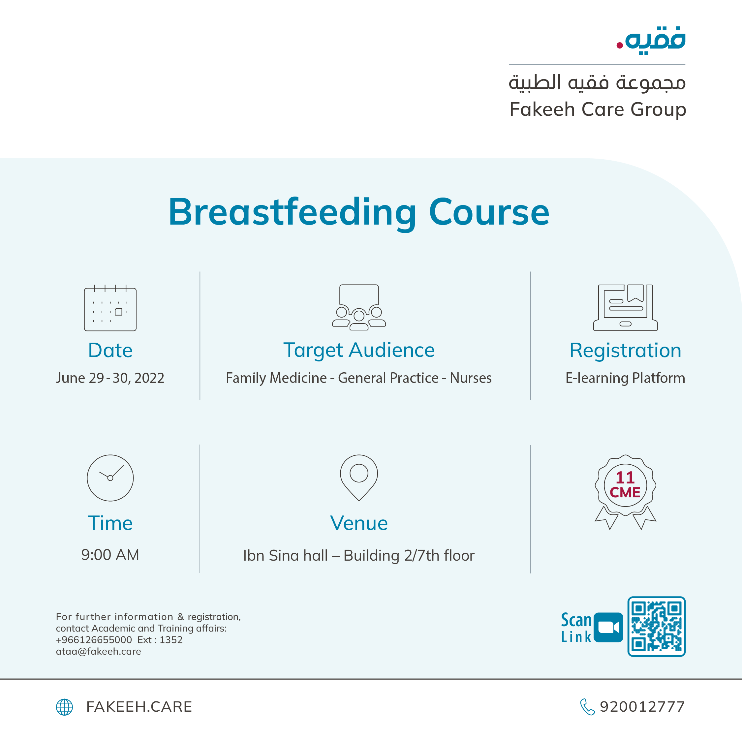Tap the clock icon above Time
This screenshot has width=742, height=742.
(110, 478)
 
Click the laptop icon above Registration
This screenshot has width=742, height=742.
(625, 307)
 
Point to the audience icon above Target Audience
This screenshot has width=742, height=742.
(359, 307)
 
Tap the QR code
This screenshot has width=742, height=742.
(656, 626)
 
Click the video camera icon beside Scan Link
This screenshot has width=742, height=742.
(608, 627)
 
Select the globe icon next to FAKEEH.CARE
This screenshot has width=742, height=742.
(65, 707)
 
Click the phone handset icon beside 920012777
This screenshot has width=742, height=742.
(587, 707)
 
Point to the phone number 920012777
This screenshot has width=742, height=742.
(642, 707)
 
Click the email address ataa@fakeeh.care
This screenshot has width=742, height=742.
(98, 651)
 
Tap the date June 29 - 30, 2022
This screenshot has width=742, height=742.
(110, 378)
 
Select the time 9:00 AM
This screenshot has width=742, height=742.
(110, 555)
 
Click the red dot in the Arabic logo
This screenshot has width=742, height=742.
(619, 45)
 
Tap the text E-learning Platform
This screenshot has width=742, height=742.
(625, 378)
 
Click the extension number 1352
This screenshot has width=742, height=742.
(171, 640)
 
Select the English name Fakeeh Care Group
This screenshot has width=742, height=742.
(598, 109)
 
